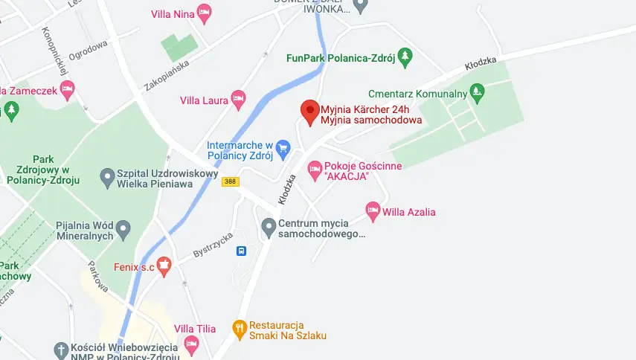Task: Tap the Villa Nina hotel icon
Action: [204, 13]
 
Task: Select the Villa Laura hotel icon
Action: [238, 98]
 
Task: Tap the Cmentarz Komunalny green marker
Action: [478, 92]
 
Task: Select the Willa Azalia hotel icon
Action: [373, 210]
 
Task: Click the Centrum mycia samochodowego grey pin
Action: [269, 225]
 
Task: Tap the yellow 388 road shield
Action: [230, 182]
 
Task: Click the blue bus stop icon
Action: [241, 251]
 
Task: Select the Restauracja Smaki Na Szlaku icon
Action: [239, 327]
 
